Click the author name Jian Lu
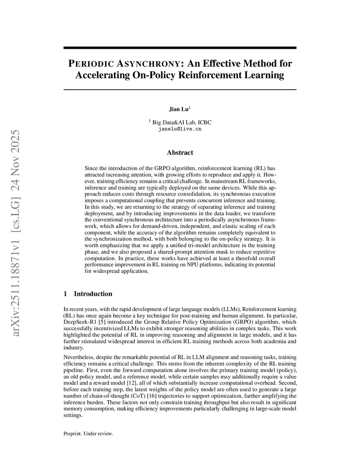coord(179,109)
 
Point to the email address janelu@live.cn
coord(180,129)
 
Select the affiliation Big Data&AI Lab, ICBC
coord(182,122)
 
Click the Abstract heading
coord(180,153)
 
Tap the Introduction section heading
coord(93,294)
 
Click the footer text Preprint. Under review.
coord(88,434)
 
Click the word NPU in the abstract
coord(194,264)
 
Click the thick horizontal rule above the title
coord(180,48)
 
